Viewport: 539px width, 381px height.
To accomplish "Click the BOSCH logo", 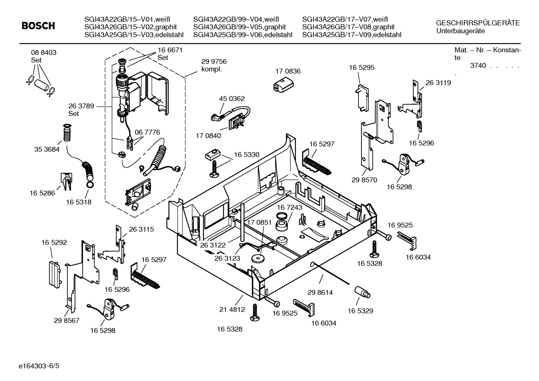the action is pyautogui.click(x=38, y=26).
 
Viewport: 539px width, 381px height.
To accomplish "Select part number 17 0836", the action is pyautogui.click(x=288, y=71).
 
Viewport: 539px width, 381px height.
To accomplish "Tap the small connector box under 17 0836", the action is pyautogui.click(x=283, y=85).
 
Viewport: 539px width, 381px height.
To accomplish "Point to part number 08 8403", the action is pyautogui.click(x=44, y=52).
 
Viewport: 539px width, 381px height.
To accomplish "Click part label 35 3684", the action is pyautogui.click(x=47, y=149).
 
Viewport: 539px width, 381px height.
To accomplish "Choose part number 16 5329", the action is pyautogui.click(x=360, y=311).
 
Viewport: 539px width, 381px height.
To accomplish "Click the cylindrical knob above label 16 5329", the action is pyautogui.click(x=362, y=292).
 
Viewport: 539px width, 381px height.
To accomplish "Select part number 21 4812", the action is pyautogui.click(x=232, y=310).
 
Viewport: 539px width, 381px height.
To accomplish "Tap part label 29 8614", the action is pyautogui.click(x=320, y=292).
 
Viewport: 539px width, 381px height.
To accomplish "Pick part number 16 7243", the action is pyautogui.click(x=289, y=207).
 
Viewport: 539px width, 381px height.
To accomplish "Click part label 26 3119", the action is pyautogui.click(x=438, y=83).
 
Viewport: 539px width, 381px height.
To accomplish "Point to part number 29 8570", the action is pyautogui.click(x=364, y=180).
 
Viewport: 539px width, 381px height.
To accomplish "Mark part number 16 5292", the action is pyautogui.click(x=54, y=242).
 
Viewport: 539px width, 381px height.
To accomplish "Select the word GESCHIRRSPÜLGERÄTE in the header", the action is pyautogui.click(x=478, y=23).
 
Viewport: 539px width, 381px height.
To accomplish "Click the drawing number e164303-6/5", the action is pyautogui.click(x=39, y=366).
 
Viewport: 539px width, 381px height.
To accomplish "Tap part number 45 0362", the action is pyautogui.click(x=232, y=99).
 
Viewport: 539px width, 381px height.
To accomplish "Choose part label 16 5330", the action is pyautogui.click(x=247, y=154).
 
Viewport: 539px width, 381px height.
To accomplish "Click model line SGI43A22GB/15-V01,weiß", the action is pyautogui.click(x=127, y=19).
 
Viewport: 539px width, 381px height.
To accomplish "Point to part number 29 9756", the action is pyautogui.click(x=214, y=62).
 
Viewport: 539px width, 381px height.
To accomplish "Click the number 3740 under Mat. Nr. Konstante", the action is pyautogui.click(x=478, y=65).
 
